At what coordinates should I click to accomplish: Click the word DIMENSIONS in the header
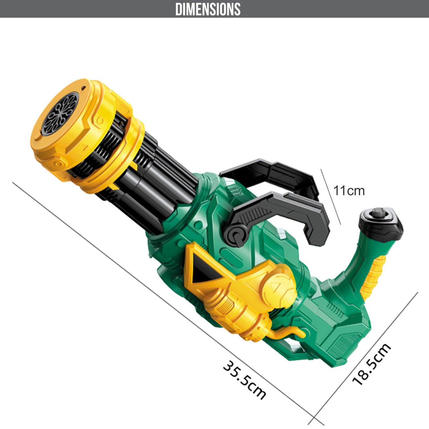click(208, 9)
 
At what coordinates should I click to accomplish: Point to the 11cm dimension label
click(349, 191)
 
